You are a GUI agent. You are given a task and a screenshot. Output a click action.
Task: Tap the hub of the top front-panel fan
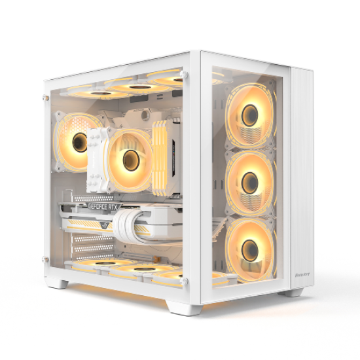pos(249,117)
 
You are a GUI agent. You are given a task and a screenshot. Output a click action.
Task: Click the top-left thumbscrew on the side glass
pos(46,96)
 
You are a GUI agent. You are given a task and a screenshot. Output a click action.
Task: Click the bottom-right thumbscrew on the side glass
pos(186,281)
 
